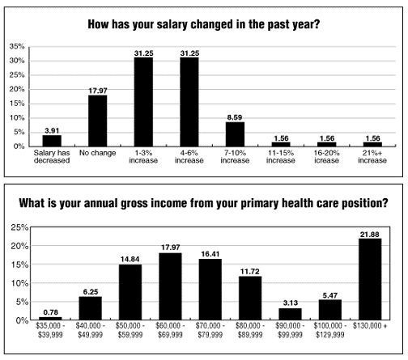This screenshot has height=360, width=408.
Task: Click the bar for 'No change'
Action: point(98,121)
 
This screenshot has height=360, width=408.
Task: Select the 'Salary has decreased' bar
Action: point(52,141)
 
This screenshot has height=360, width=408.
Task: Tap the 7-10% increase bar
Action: point(235,134)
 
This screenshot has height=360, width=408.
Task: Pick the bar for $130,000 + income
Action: point(370,279)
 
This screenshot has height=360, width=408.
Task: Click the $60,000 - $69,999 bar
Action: point(170,286)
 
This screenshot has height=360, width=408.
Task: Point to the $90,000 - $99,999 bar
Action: point(290,314)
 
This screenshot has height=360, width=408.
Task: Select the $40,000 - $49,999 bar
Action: point(91,308)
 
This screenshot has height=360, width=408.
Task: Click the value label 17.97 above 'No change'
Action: point(98,91)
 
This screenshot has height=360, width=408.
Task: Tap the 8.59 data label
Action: point(235,117)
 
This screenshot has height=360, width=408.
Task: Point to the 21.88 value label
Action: point(370,235)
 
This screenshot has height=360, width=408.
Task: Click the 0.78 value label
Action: point(51,312)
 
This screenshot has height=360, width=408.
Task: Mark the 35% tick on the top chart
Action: point(17,46)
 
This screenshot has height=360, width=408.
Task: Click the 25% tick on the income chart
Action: point(19,227)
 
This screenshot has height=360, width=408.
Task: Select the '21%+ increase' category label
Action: point(372,157)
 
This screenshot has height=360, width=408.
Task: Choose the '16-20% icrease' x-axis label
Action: point(326,157)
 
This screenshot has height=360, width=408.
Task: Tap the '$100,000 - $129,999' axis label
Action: point(330,330)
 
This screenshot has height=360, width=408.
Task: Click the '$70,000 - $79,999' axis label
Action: point(210,330)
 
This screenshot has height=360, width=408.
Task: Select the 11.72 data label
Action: point(250,272)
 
